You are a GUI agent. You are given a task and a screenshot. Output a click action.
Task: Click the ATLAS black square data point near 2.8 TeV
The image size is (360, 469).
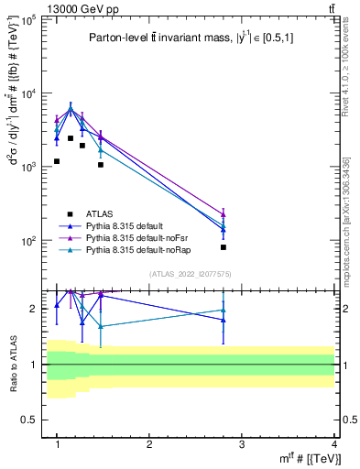pos(224,247)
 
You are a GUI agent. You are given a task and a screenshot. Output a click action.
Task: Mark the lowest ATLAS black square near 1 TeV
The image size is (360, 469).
pos(57,161)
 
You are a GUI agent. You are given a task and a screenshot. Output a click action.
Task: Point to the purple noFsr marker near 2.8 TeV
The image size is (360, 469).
pos(224,213)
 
